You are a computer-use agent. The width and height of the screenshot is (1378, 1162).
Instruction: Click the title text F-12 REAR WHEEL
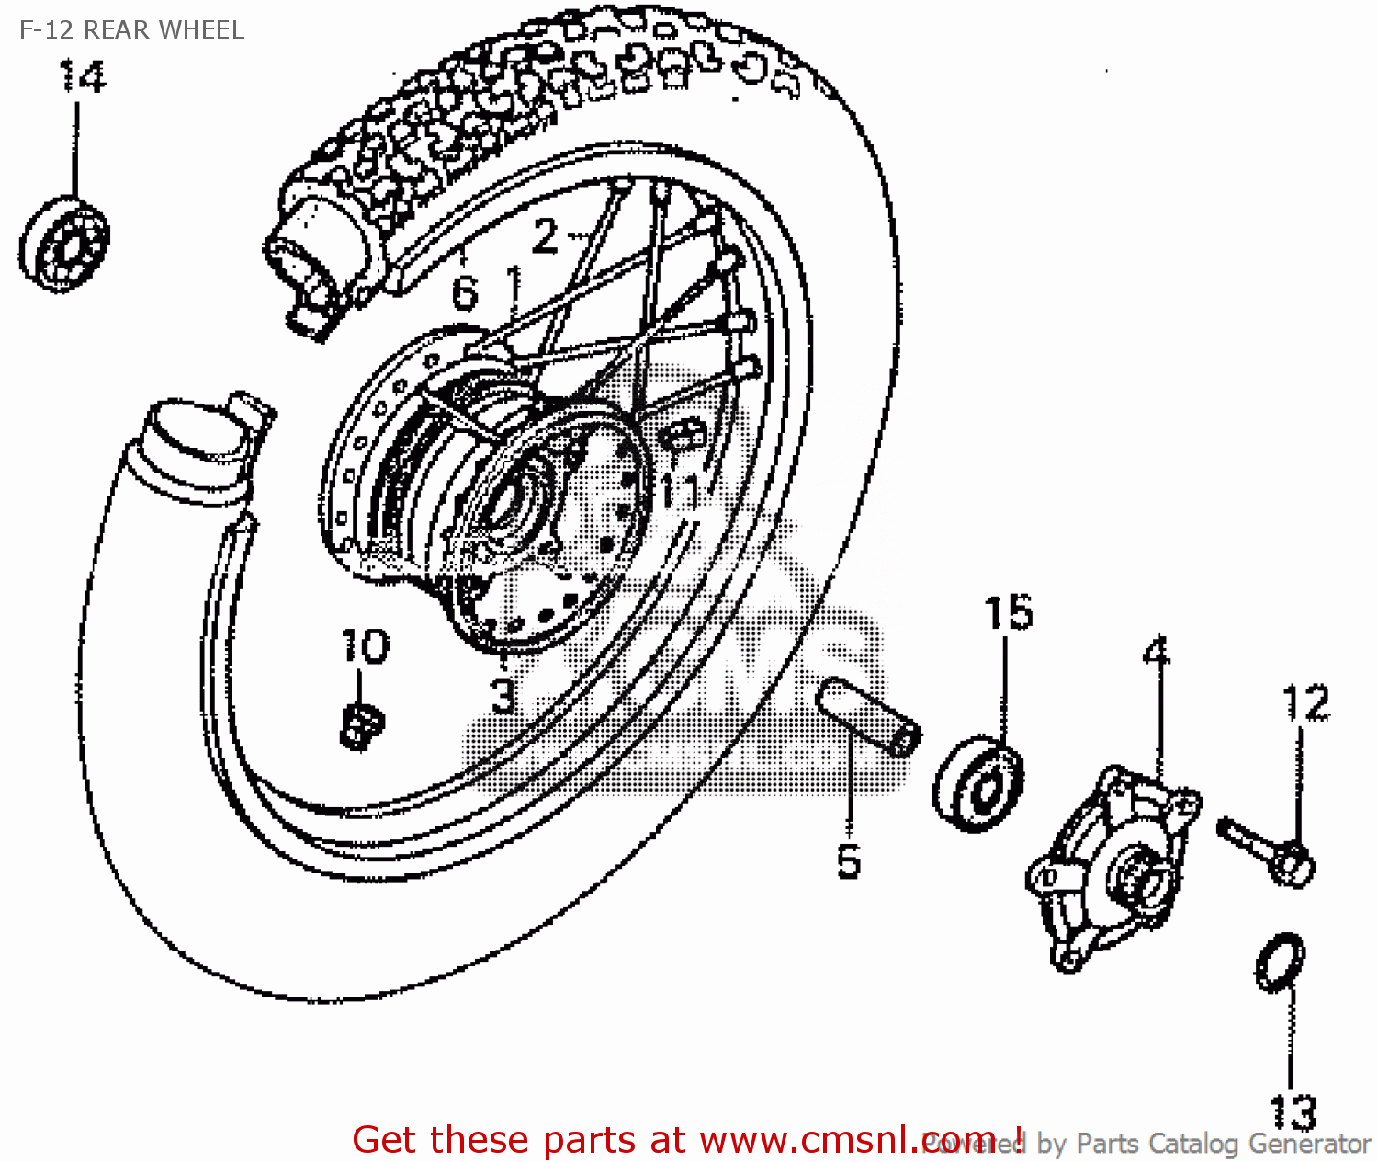point(131,30)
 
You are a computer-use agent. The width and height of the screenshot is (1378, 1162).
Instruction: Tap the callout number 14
point(83,76)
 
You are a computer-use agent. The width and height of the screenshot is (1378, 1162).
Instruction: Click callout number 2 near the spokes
point(545,236)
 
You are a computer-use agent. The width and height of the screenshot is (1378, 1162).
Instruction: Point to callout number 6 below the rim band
point(465,293)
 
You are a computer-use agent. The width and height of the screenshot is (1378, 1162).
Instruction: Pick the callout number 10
point(365,646)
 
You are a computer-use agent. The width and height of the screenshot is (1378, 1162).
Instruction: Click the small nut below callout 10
point(361,725)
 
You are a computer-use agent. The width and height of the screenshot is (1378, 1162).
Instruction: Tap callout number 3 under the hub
point(503,696)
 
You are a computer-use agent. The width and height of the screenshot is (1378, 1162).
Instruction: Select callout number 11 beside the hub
point(681,492)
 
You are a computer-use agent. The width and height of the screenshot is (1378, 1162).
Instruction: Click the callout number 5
point(849,861)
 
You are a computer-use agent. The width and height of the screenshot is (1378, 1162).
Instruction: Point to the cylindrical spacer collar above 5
point(868,716)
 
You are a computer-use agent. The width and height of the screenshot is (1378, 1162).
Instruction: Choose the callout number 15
point(1008,613)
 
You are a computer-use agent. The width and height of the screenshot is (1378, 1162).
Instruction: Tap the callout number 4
point(1157,653)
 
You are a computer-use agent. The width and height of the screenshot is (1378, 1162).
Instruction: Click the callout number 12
point(1305,703)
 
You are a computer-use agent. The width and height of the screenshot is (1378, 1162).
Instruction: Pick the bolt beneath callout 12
point(1268,851)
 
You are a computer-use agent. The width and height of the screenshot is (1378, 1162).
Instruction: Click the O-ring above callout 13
point(1280,963)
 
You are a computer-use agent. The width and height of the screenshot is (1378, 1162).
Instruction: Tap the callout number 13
point(1293,1112)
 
